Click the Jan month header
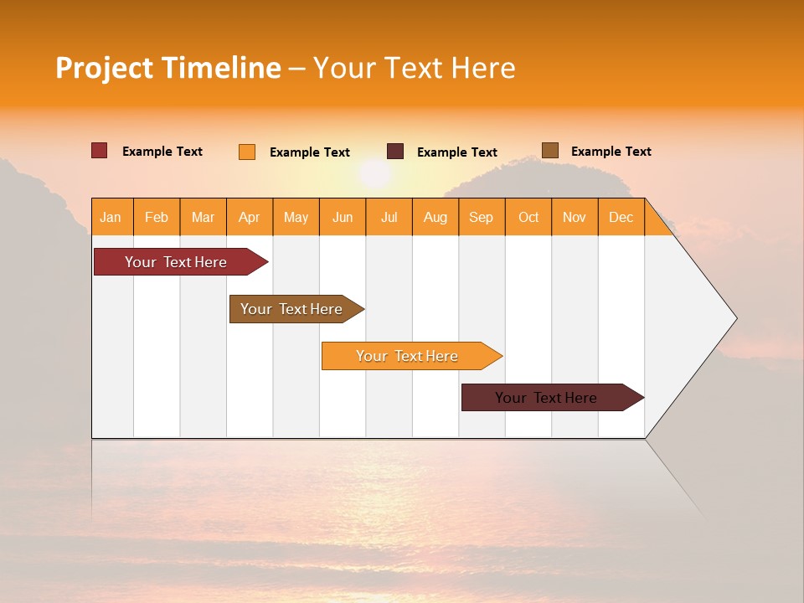[111, 217]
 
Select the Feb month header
[157, 217]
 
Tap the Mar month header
[203, 217]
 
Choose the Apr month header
[250, 217]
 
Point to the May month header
[296, 217]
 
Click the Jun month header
[343, 217]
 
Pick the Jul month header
[389, 217]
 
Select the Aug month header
[435, 217]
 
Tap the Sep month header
[482, 217]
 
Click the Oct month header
[528, 217]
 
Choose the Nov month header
[575, 217]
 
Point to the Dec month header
[621, 217]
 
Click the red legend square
[100, 151]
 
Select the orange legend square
[247, 152]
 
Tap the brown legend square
[550, 151]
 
